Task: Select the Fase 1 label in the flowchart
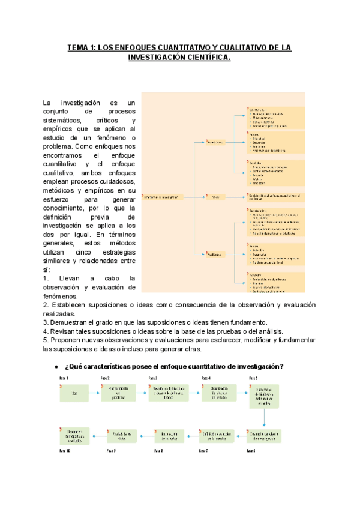pos(64,378)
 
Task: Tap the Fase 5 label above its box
pos(253,378)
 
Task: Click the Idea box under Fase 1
pos(74,394)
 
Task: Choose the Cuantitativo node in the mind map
pos(215,142)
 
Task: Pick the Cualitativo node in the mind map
pos(215,254)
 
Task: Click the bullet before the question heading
pos(56,366)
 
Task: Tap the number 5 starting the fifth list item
pos(45,340)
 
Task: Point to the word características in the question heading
pos(118,366)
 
